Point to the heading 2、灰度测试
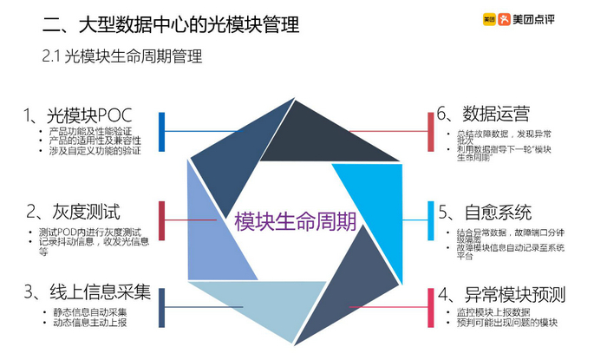(x=73, y=212)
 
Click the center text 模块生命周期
(x=295, y=220)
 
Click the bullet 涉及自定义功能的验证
(x=95, y=150)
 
